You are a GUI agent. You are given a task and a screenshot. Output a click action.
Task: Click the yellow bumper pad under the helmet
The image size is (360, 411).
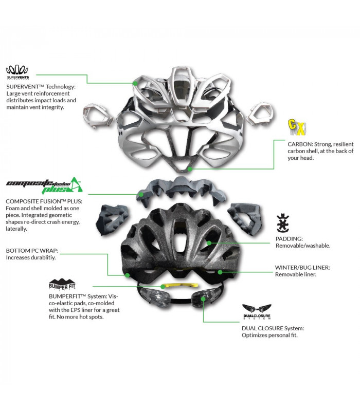point(172,286)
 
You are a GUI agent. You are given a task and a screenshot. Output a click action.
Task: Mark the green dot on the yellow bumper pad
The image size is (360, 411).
point(163,286)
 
